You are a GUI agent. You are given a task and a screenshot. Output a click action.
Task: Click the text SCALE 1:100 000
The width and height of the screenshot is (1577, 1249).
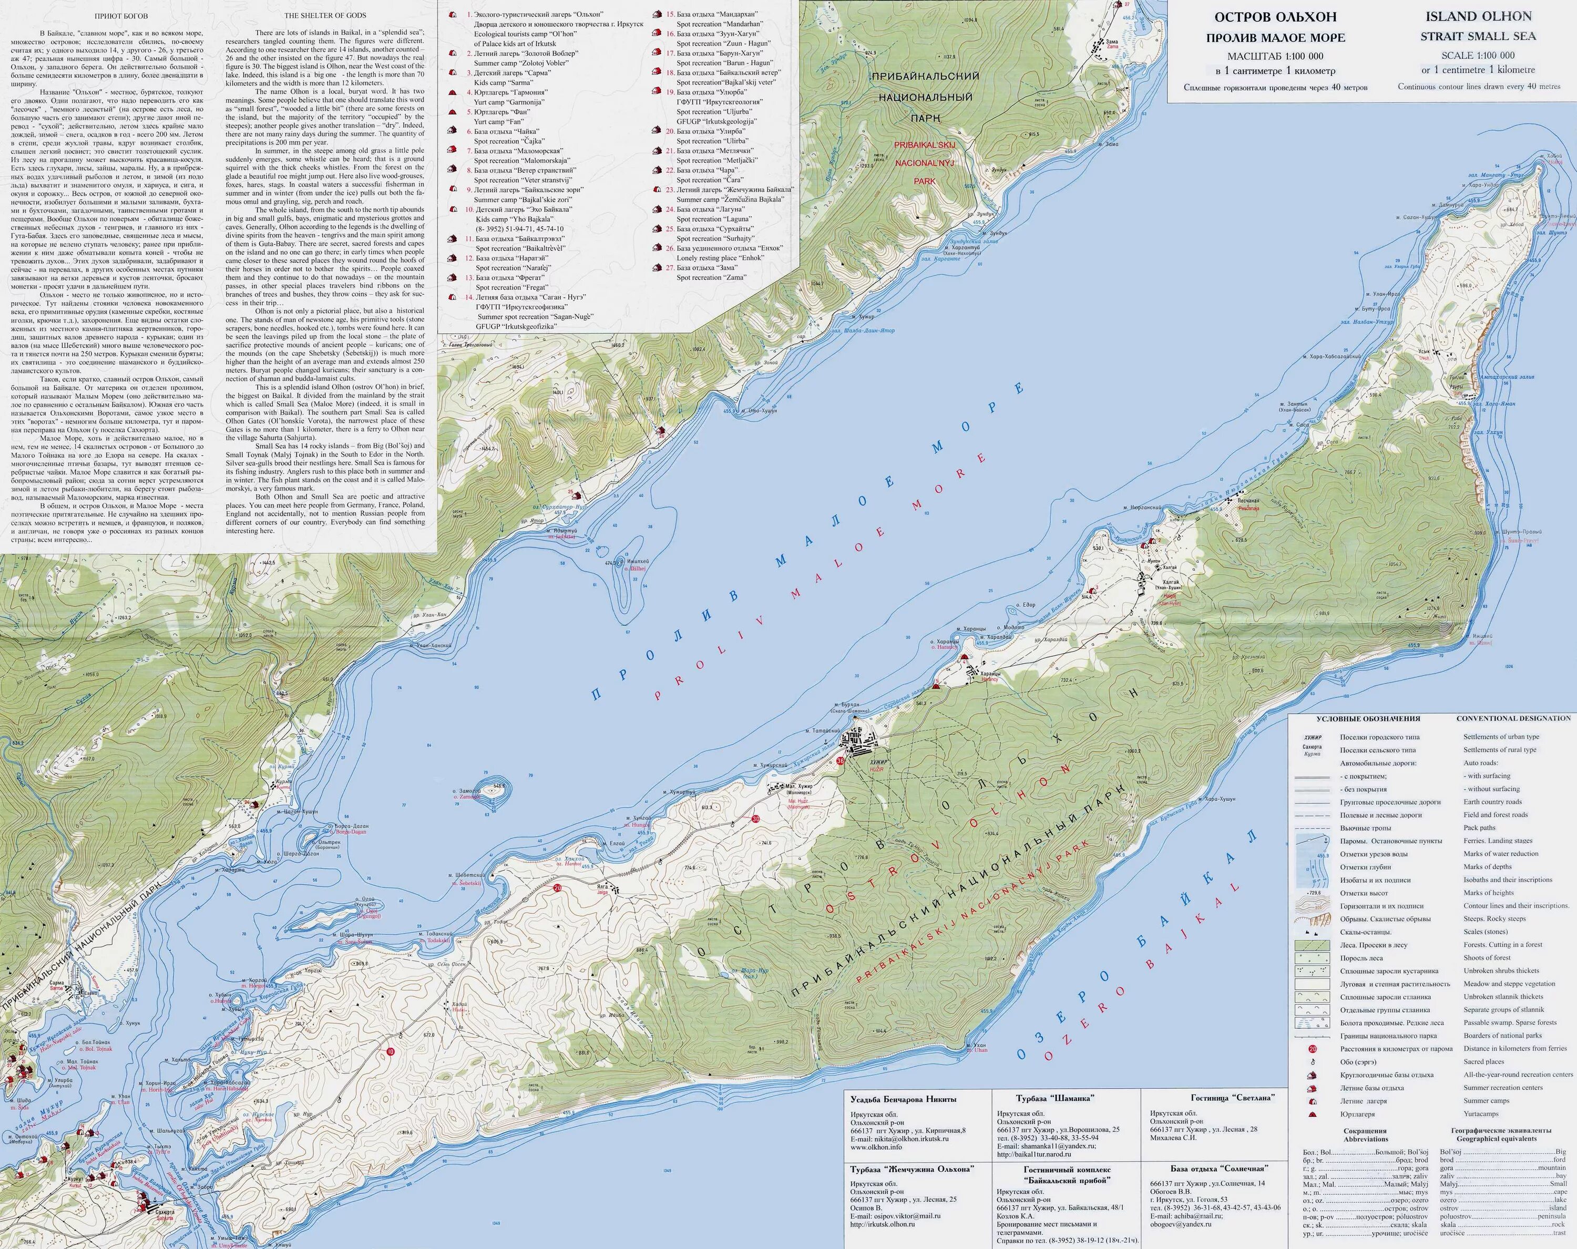pyautogui.click(x=1478, y=55)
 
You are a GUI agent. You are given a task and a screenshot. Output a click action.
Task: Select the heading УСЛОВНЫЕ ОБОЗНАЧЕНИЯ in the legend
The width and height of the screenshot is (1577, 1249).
pyautogui.click(x=1367, y=719)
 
